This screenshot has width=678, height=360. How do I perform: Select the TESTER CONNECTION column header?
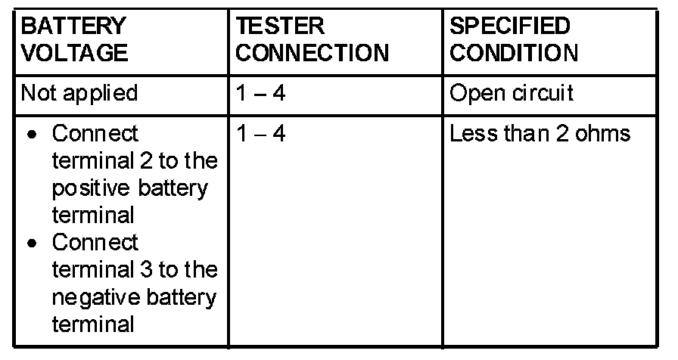pos(313,40)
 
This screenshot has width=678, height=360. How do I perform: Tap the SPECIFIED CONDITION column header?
pos(515,40)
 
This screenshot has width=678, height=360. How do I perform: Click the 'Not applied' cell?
pos(79,93)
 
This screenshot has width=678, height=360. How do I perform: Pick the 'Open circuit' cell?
pos(512,93)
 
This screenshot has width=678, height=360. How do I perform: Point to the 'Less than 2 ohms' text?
pos(540,135)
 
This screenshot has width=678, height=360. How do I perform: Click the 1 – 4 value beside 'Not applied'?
pos(260,93)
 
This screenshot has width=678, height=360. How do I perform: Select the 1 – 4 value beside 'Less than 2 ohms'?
pos(260,135)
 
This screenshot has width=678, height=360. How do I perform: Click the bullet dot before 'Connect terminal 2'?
pos(30,135)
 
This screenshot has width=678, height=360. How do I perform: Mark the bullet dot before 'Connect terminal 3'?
pos(30,244)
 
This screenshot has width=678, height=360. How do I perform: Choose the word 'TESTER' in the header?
pos(281,26)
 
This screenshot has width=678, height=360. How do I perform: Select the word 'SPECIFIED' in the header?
pos(510,26)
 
